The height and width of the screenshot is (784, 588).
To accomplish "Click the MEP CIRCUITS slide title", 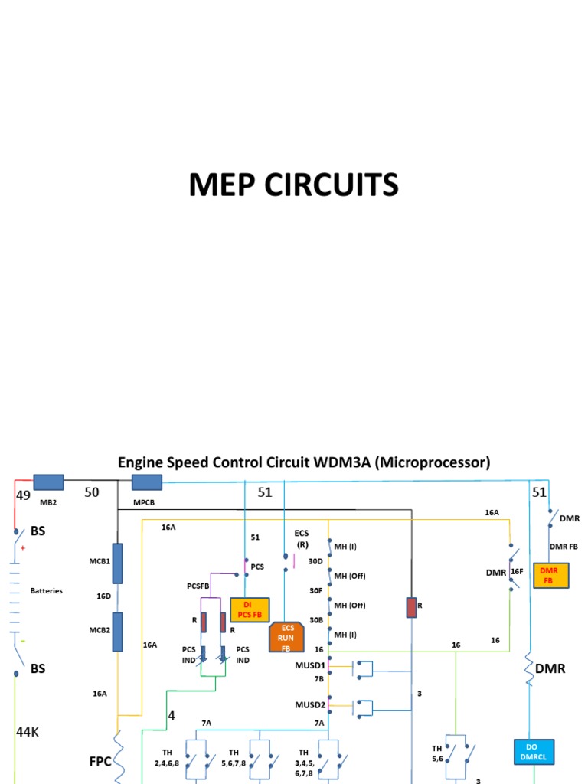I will coord(294,185).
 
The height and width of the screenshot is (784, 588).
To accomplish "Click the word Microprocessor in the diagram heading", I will coord(431,462).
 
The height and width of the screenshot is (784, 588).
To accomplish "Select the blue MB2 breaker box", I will coord(49,482).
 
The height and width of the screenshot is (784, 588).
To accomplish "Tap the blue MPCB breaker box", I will coord(147,482).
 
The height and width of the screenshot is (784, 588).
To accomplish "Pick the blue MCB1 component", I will coord(118,563).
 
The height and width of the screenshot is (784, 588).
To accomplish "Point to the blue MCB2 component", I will coord(118,632).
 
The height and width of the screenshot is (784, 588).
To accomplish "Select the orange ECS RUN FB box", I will coord(287,637).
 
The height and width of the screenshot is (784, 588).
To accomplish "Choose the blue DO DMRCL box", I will coord(533,752).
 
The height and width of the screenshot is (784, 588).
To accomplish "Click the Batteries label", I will coord(46,591).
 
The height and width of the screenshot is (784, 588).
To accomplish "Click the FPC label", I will coord(100,762).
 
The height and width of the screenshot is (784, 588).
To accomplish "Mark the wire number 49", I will coord(23,495).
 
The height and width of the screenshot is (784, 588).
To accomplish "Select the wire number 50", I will coord(92,492).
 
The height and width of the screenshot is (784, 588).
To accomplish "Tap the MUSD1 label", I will coord(310,665).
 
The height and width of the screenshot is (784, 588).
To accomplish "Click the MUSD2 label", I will coord(310,704).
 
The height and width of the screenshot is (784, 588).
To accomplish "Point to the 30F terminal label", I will coord(315,590).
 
